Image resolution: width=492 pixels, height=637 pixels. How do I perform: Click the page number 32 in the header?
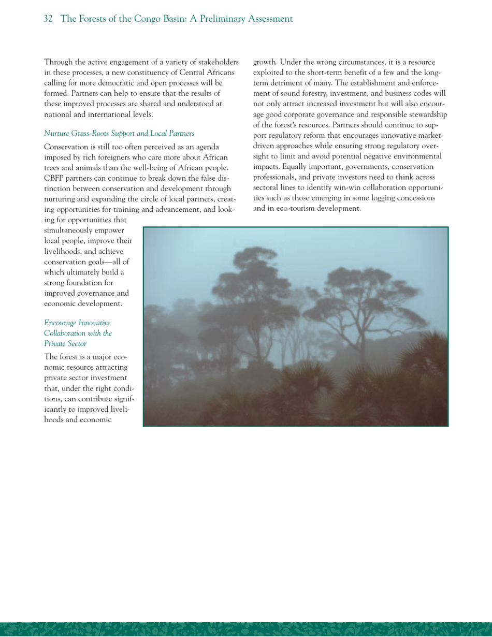tap(48, 19)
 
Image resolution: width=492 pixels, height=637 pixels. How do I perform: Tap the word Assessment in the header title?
tap(266, 19)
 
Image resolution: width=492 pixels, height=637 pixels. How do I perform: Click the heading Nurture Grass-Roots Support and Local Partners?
tap(119, 134)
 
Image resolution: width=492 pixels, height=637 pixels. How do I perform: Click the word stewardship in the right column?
tap(426, 114)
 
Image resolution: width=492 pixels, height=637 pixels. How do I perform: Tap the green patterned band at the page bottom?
tap(246, 629)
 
